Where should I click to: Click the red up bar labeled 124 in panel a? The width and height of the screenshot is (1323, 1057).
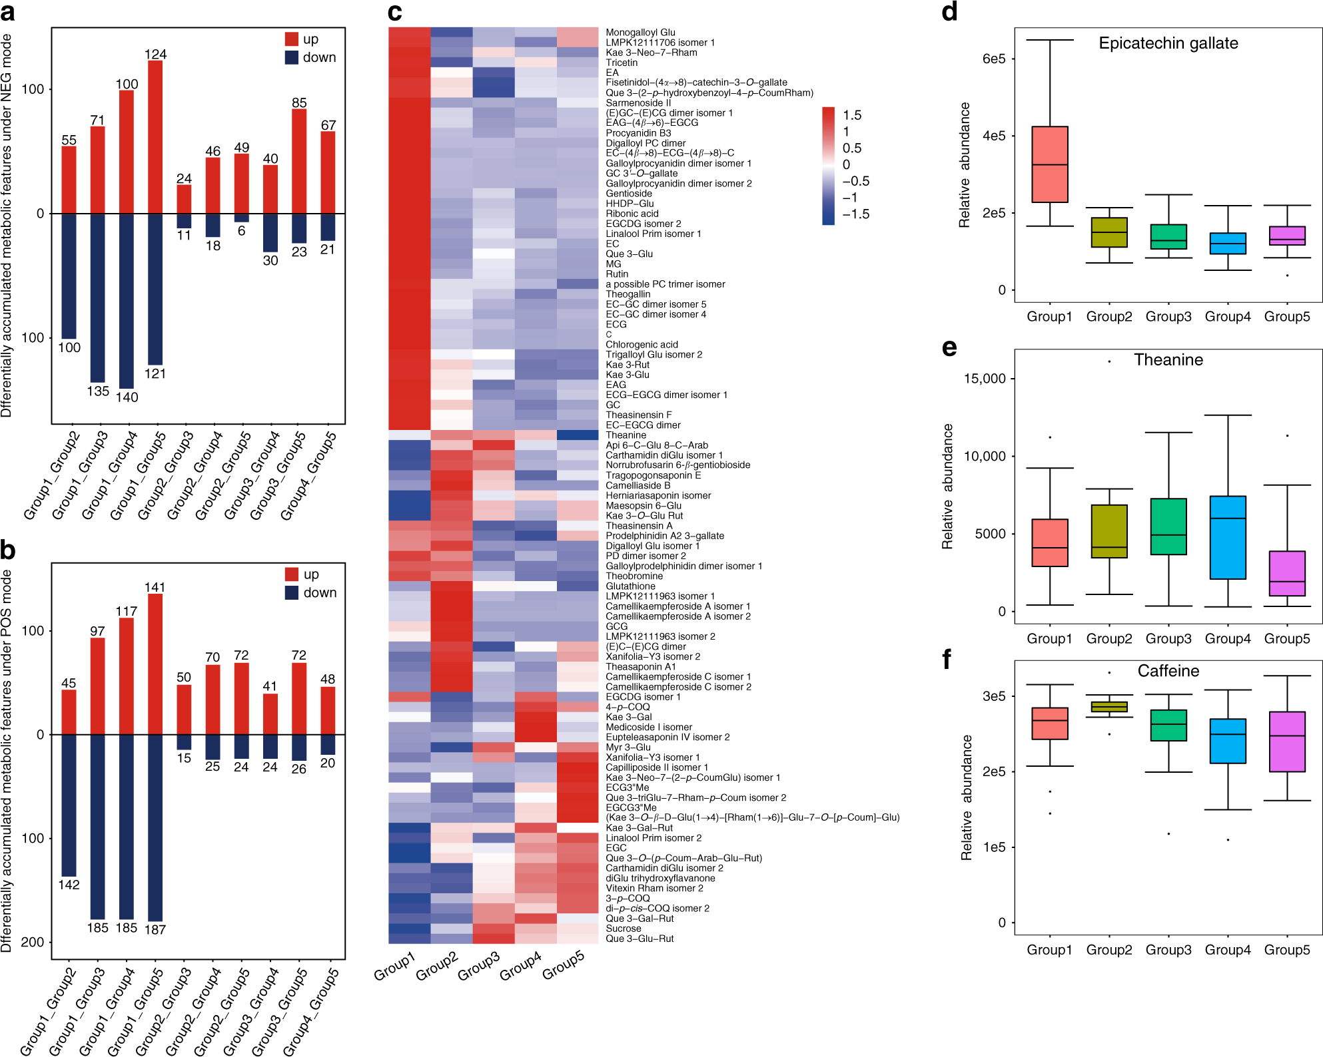pyautogui.click(x=155, y=137)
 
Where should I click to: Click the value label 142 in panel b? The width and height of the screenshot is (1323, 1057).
pyautogui.click(x=69, y=885)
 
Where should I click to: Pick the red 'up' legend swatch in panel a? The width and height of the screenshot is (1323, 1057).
pyautogui.click(x=292, y=39)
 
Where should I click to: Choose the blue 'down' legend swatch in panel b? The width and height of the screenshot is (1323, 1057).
pyautogui.click(x=292, y=592)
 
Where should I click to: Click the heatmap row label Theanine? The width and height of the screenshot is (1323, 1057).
pyautogui.click(x=626, y=435)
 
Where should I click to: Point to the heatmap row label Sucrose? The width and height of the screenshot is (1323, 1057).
pyautogui.click(x=623, y=929)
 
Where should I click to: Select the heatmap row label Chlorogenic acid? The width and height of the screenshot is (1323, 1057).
pyautogui.click(x=642, y=345)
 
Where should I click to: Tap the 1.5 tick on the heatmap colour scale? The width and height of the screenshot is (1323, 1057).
pyautogui.click(x=852, y=115)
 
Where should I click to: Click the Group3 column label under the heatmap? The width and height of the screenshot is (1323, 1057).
pyautogui.click(x=478, y=965)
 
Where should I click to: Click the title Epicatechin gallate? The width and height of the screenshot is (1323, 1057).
pyautogui.click(x=1168, y=43)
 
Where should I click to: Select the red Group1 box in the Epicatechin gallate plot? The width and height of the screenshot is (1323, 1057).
pyautogui.click(x=1049, y=164)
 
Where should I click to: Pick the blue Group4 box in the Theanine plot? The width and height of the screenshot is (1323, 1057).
pyautogui.click(x=1227, y=537)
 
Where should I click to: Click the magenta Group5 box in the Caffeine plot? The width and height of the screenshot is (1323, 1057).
pyautogui.click(x=1286, y=741)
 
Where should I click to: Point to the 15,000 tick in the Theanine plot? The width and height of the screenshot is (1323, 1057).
pyautogui.click(x=984, y=379)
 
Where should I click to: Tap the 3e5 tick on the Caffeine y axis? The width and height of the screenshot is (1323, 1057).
pyautogui.click(x=993, y=696)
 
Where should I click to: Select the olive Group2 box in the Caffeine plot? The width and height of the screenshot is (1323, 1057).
pyautogui.click(x=1108, y=707)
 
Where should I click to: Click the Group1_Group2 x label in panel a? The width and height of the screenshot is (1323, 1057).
pyautogui.click(x=52, y=475)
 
